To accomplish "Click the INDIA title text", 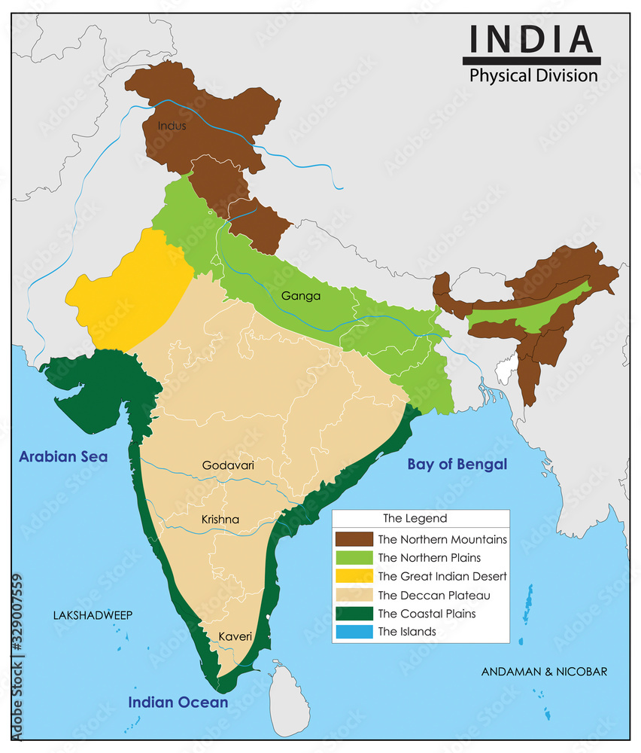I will [530, 38].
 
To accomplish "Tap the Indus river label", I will [172, 126].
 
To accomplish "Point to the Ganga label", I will [301, 296].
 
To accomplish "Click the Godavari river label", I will [228, 465].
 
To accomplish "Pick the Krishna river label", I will [220, 519].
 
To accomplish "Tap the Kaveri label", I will [235, 636].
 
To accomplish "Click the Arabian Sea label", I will [63, 456].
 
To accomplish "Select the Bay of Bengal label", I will [457, 464].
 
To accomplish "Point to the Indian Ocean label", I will [178, 702].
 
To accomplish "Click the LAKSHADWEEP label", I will [93, 615].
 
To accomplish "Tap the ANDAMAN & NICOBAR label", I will [544, 671].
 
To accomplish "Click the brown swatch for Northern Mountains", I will [354, 539].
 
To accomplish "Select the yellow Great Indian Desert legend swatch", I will [354, 576].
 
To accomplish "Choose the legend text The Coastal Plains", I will [427, 613].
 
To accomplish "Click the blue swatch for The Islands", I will [354, 632].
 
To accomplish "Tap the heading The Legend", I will [415, 518].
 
